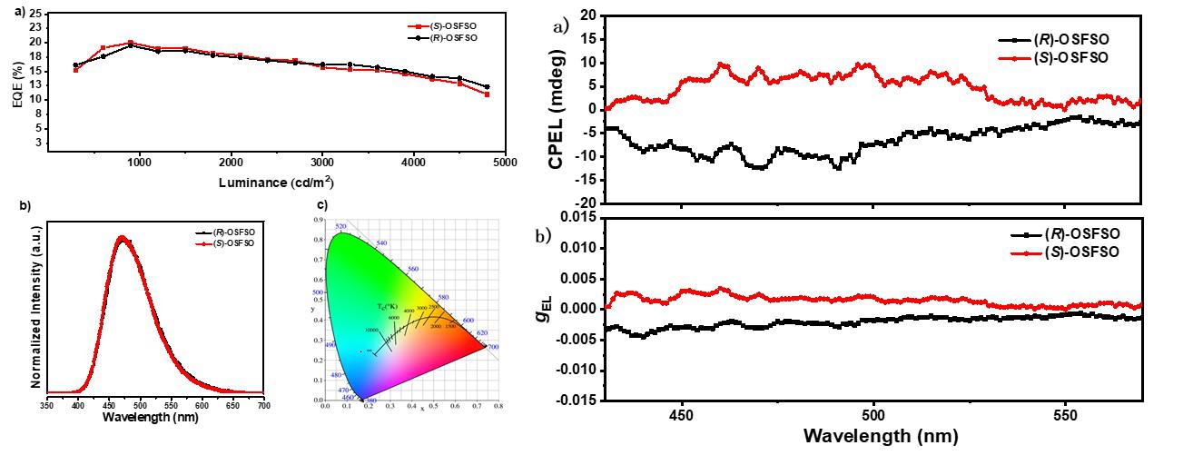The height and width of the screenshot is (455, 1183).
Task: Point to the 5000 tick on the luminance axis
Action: [505, 162]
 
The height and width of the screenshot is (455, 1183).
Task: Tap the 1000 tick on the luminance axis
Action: [139, 162]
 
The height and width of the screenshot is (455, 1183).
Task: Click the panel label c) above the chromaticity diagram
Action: [322, 205]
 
